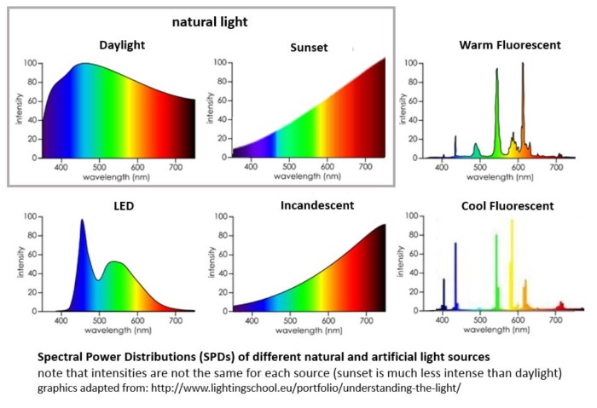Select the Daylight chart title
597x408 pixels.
123,44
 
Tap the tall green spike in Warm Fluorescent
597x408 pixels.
496,72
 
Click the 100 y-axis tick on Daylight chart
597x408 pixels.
29,63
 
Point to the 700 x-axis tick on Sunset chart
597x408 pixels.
366,167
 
